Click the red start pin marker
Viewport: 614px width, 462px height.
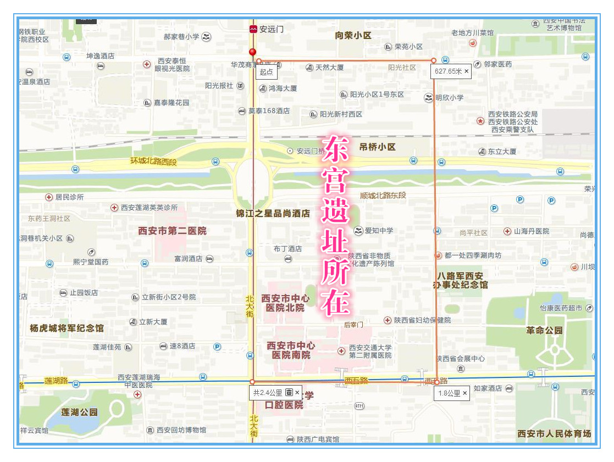[x=253, y=53]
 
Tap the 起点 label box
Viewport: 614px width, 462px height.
[x=267, y=71]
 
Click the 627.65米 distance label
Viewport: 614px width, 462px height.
[x=451, y=71]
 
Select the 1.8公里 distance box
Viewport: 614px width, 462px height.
[x=452, y=393]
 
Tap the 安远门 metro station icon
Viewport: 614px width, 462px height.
[x=253, y=30]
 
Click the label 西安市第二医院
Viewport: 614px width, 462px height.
[x=173, y=231]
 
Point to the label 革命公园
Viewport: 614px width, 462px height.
[x=544, y=331]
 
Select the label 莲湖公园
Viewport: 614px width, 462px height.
[x=80, y=412]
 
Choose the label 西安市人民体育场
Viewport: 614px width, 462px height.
[x=554, y=434]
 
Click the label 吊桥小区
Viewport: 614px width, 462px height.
[x=377, y=147]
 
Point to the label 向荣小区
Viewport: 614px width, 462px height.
[x=353, y=36]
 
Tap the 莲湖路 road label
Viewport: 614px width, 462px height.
[x=56, y=381]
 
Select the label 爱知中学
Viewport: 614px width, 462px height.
[x=379, y=231]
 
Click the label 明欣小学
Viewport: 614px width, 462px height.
[x=449, y=98]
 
